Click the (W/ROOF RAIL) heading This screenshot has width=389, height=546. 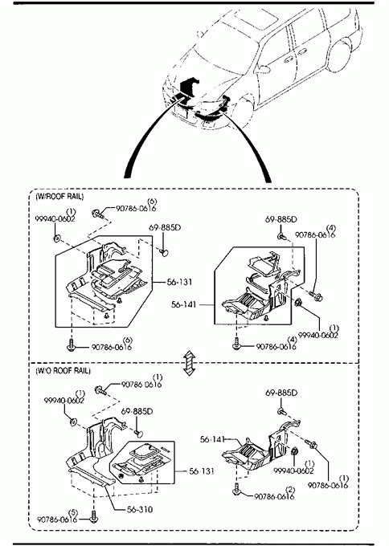point(60,197)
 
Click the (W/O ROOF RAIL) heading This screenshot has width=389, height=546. point(63,370)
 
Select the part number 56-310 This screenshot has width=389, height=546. point(140,509)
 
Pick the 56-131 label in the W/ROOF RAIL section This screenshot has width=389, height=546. point(179,282)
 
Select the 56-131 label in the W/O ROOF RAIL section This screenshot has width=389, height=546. point(202,471)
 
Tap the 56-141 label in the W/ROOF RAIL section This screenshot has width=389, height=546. point(184,304)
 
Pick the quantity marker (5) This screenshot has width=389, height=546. point(73,512)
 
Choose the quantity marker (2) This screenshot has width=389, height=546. point(290,490)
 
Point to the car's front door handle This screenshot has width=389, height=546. point(288,60)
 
